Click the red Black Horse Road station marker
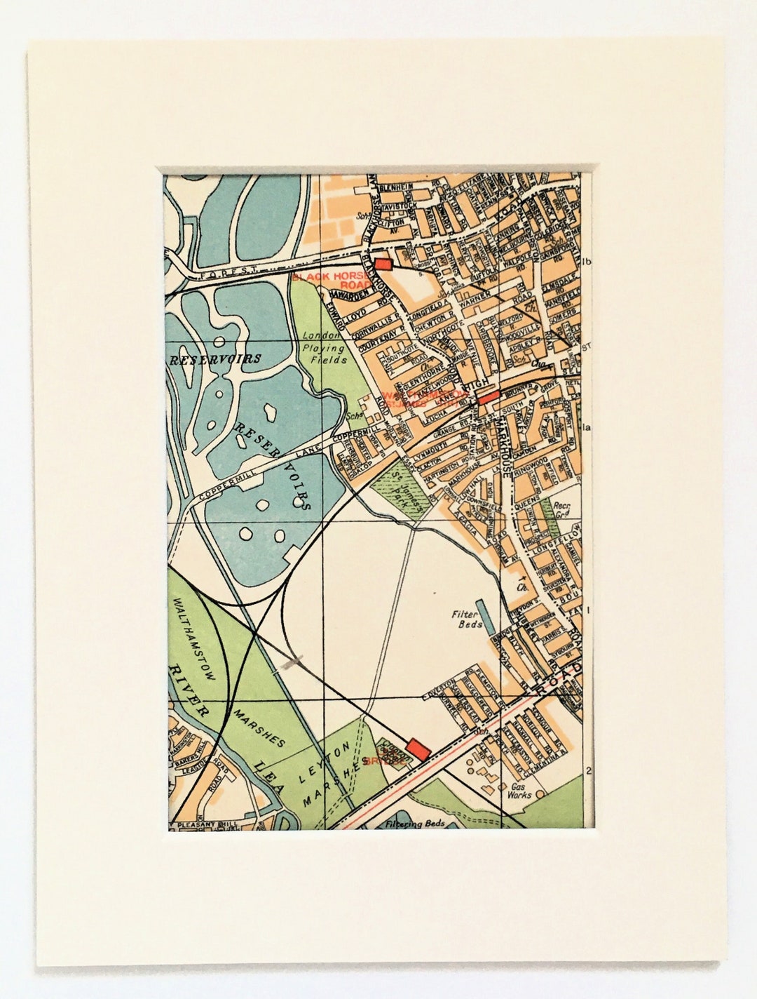pos(383,263)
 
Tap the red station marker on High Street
pos(488,396)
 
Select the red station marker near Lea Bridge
pos(418,748)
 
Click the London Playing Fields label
pos(325,347)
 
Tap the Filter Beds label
pos(465,617)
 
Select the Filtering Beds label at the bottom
pos(415,824)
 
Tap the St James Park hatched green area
pos(398,488)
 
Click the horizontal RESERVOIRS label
pos(214,359)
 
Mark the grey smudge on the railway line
pos(290,663)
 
